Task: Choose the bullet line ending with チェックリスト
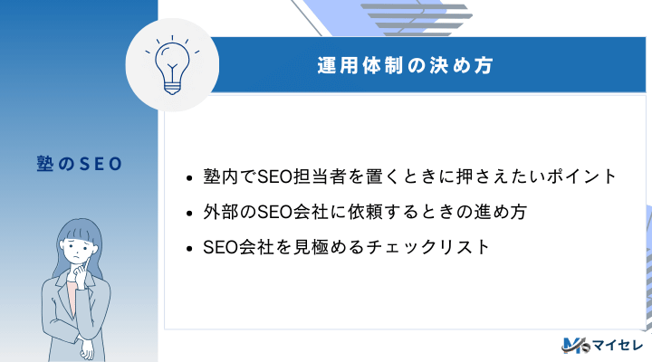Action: (x=349, y=246)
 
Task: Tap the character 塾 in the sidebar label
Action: (x=36, y=165)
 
